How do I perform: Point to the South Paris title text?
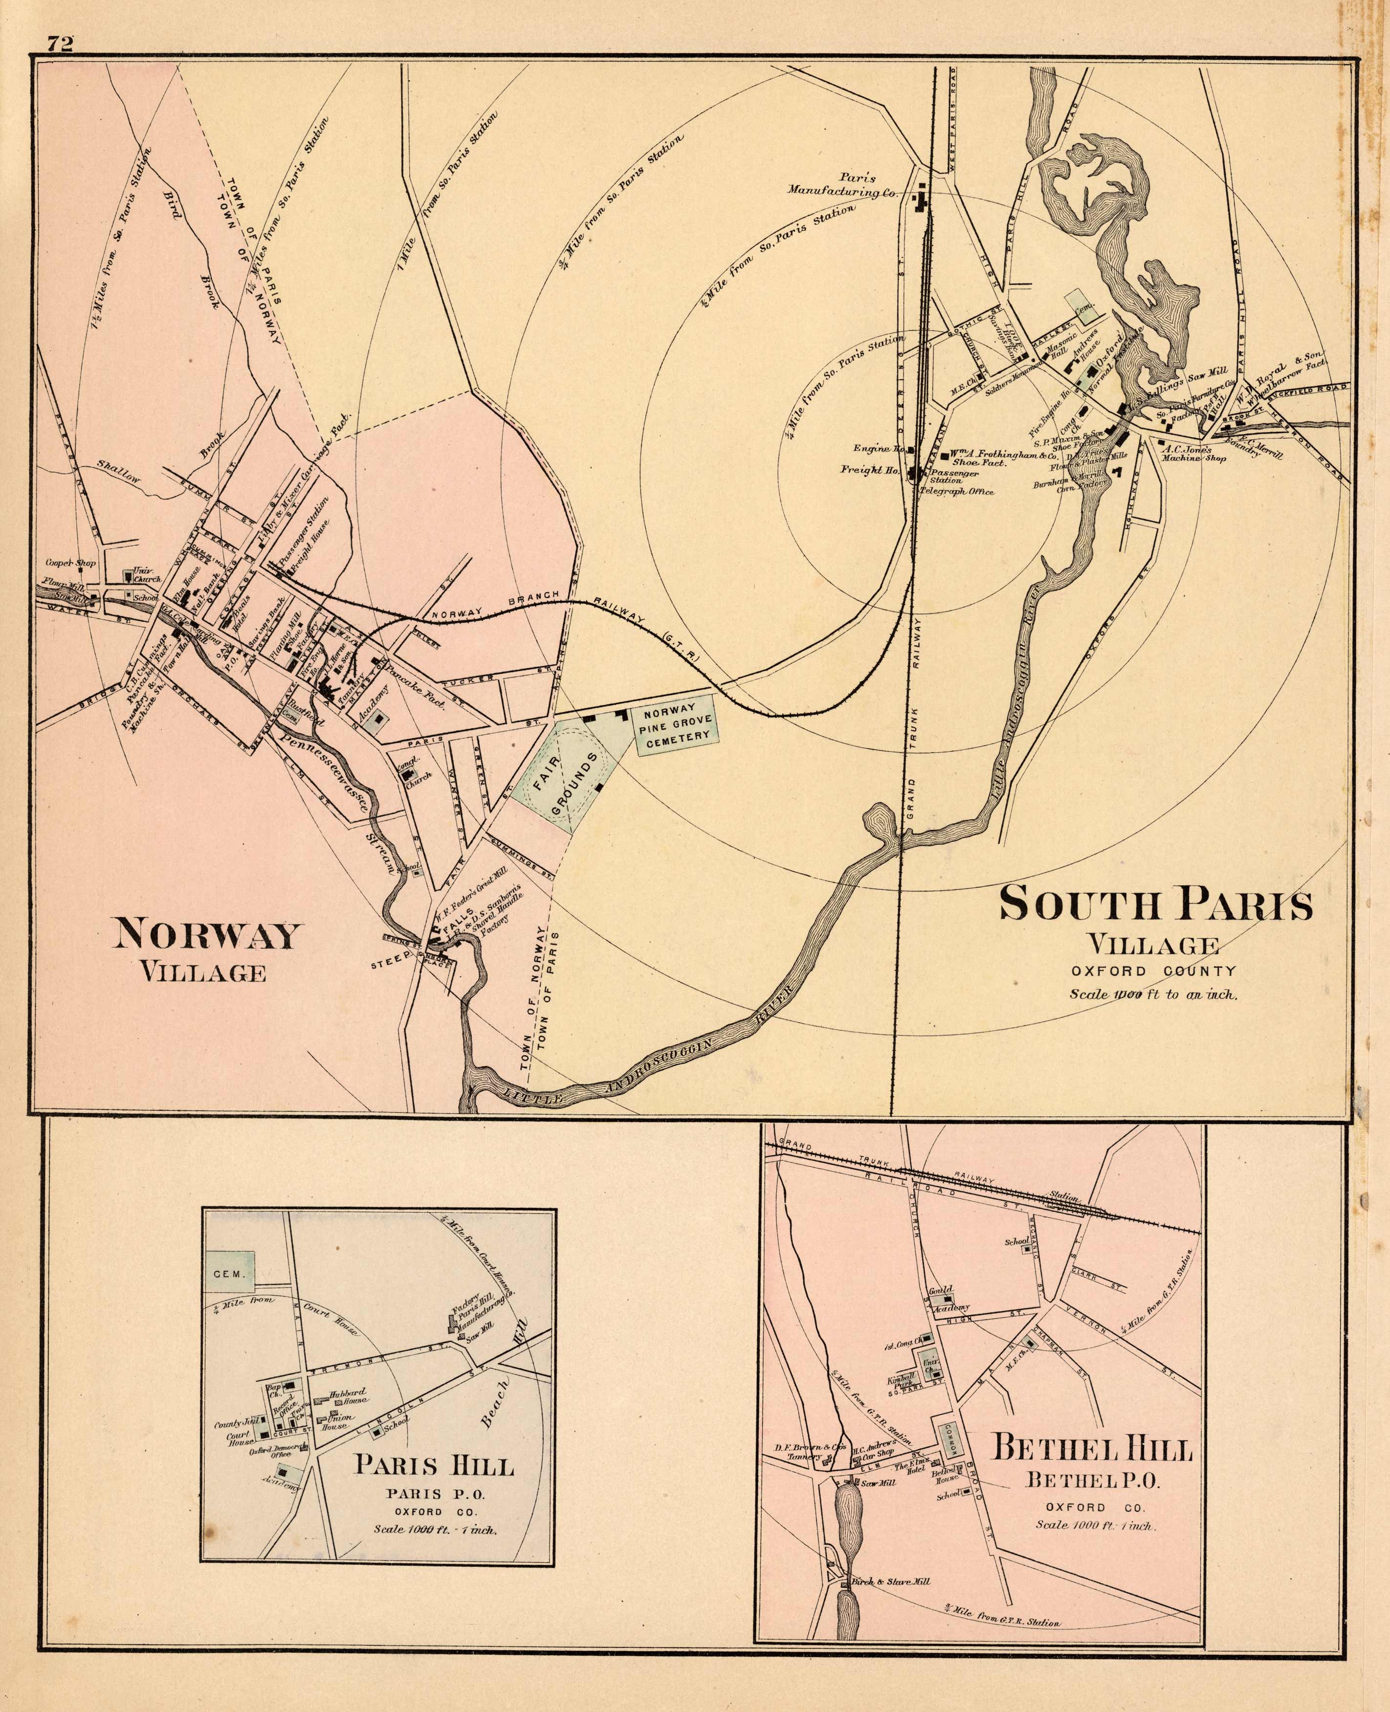1156,904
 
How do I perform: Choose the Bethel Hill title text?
1093,1449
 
